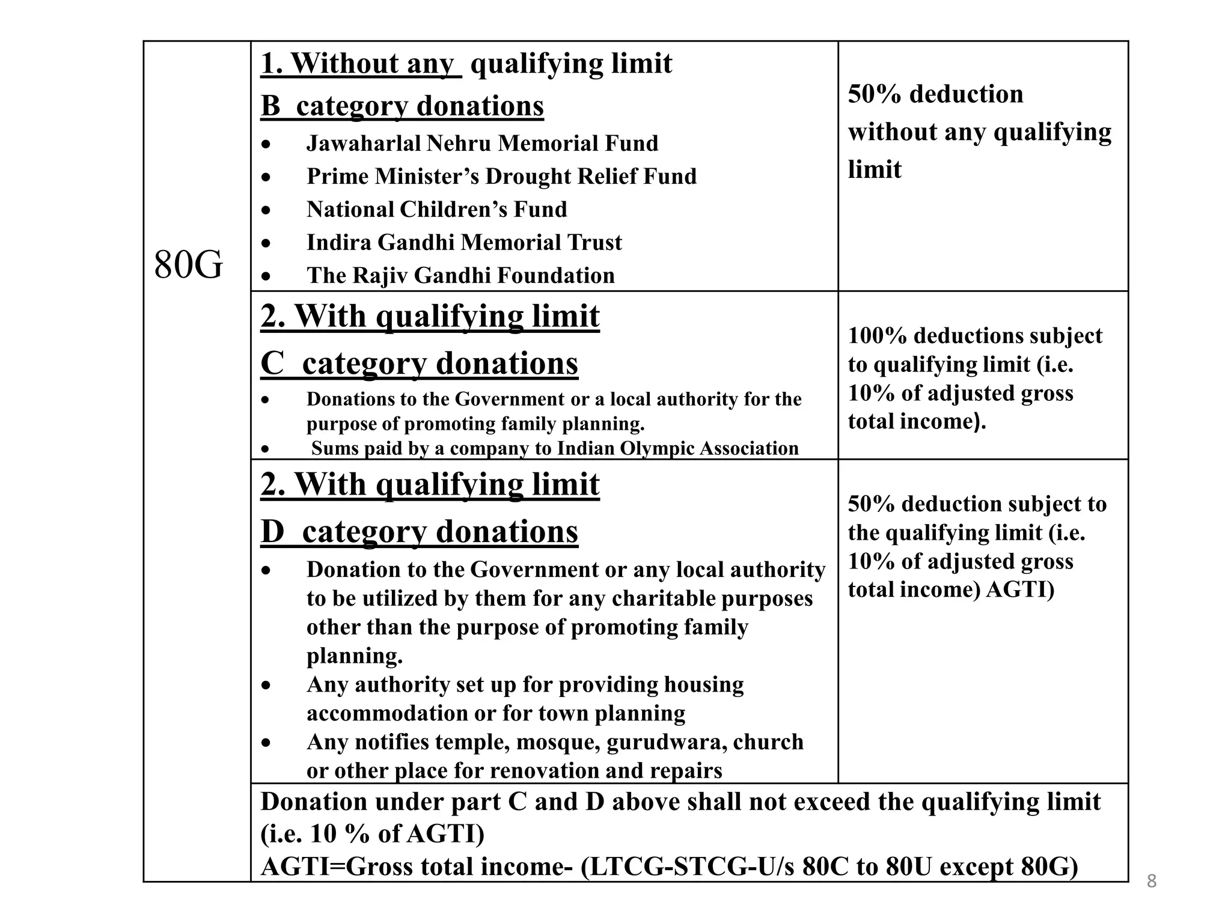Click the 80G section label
pyautogui.click(x=188, y=265)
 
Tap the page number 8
pyautogui.click(x=1152, y=882)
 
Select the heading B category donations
pyautogui.click(x=402, y=106)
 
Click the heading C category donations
pyautogui.click(x=419, y=364)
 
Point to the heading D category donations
pyautogui.click(x=419, y=532)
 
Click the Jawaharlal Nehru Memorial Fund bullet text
pyautogui.click(x=482, y=144)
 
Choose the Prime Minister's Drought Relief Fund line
pyautogui.click(x=501, y=177)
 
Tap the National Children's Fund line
pyautogui.click(x=436, y=210)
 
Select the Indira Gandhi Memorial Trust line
pyautogui.click(x=464, y=243)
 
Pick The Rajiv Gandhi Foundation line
pyautogui.click(x=460, y=276)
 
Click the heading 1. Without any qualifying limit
pyautogui.click(x=466, y=64)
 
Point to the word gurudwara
pyautogui.click(x=657, y=743)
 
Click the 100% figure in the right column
pyautogui.click(x=877, y=336)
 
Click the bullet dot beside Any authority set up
pyautogui.click(x=266, y=686)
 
